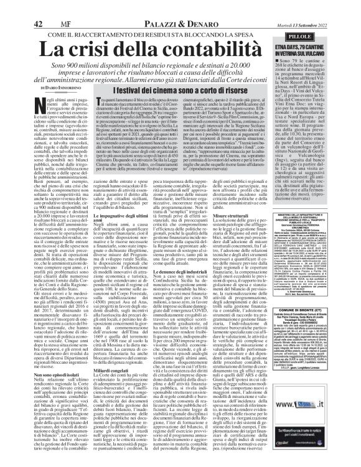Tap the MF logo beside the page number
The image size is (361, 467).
click(x=57, y=8)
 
